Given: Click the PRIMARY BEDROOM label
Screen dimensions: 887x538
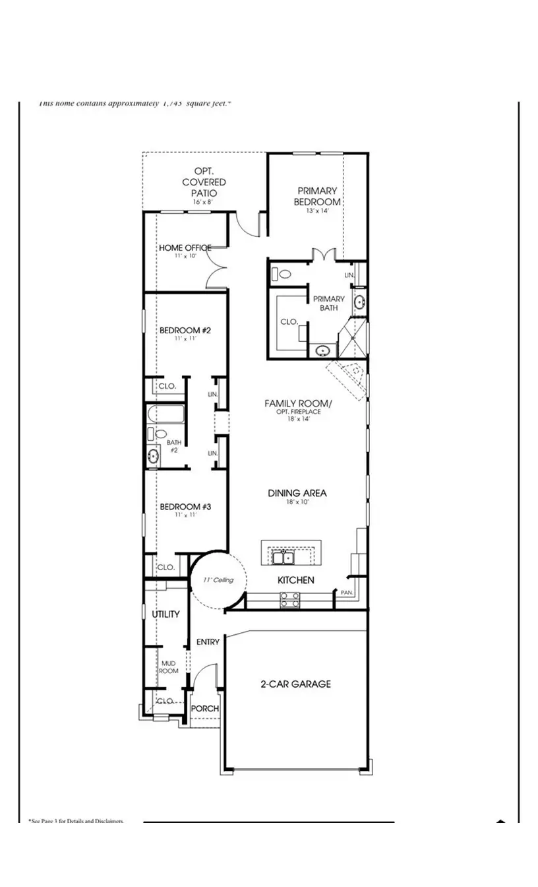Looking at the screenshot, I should (317, 197).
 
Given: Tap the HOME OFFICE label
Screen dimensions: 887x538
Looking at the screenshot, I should (185, 248).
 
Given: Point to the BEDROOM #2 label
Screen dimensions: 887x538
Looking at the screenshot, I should (185, 330).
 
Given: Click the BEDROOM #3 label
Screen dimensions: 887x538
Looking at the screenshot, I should (185, 507).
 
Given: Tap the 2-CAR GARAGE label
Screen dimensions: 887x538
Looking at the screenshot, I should (295, 684).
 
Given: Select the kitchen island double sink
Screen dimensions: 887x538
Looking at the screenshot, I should (284, 558).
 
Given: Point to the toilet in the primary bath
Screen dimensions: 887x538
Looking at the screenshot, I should (284, 273).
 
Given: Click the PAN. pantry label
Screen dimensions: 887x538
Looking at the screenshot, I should (347, 593).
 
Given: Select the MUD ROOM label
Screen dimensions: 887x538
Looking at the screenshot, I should (168, 667).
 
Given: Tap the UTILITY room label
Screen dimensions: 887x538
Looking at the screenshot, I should (165, 614).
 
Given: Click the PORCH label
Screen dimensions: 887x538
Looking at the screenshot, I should (204, 708).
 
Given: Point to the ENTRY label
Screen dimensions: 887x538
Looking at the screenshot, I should (208, 641).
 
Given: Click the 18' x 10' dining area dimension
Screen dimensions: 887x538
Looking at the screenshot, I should (297, 502).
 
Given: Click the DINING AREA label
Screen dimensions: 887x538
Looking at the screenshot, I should (297, 493).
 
